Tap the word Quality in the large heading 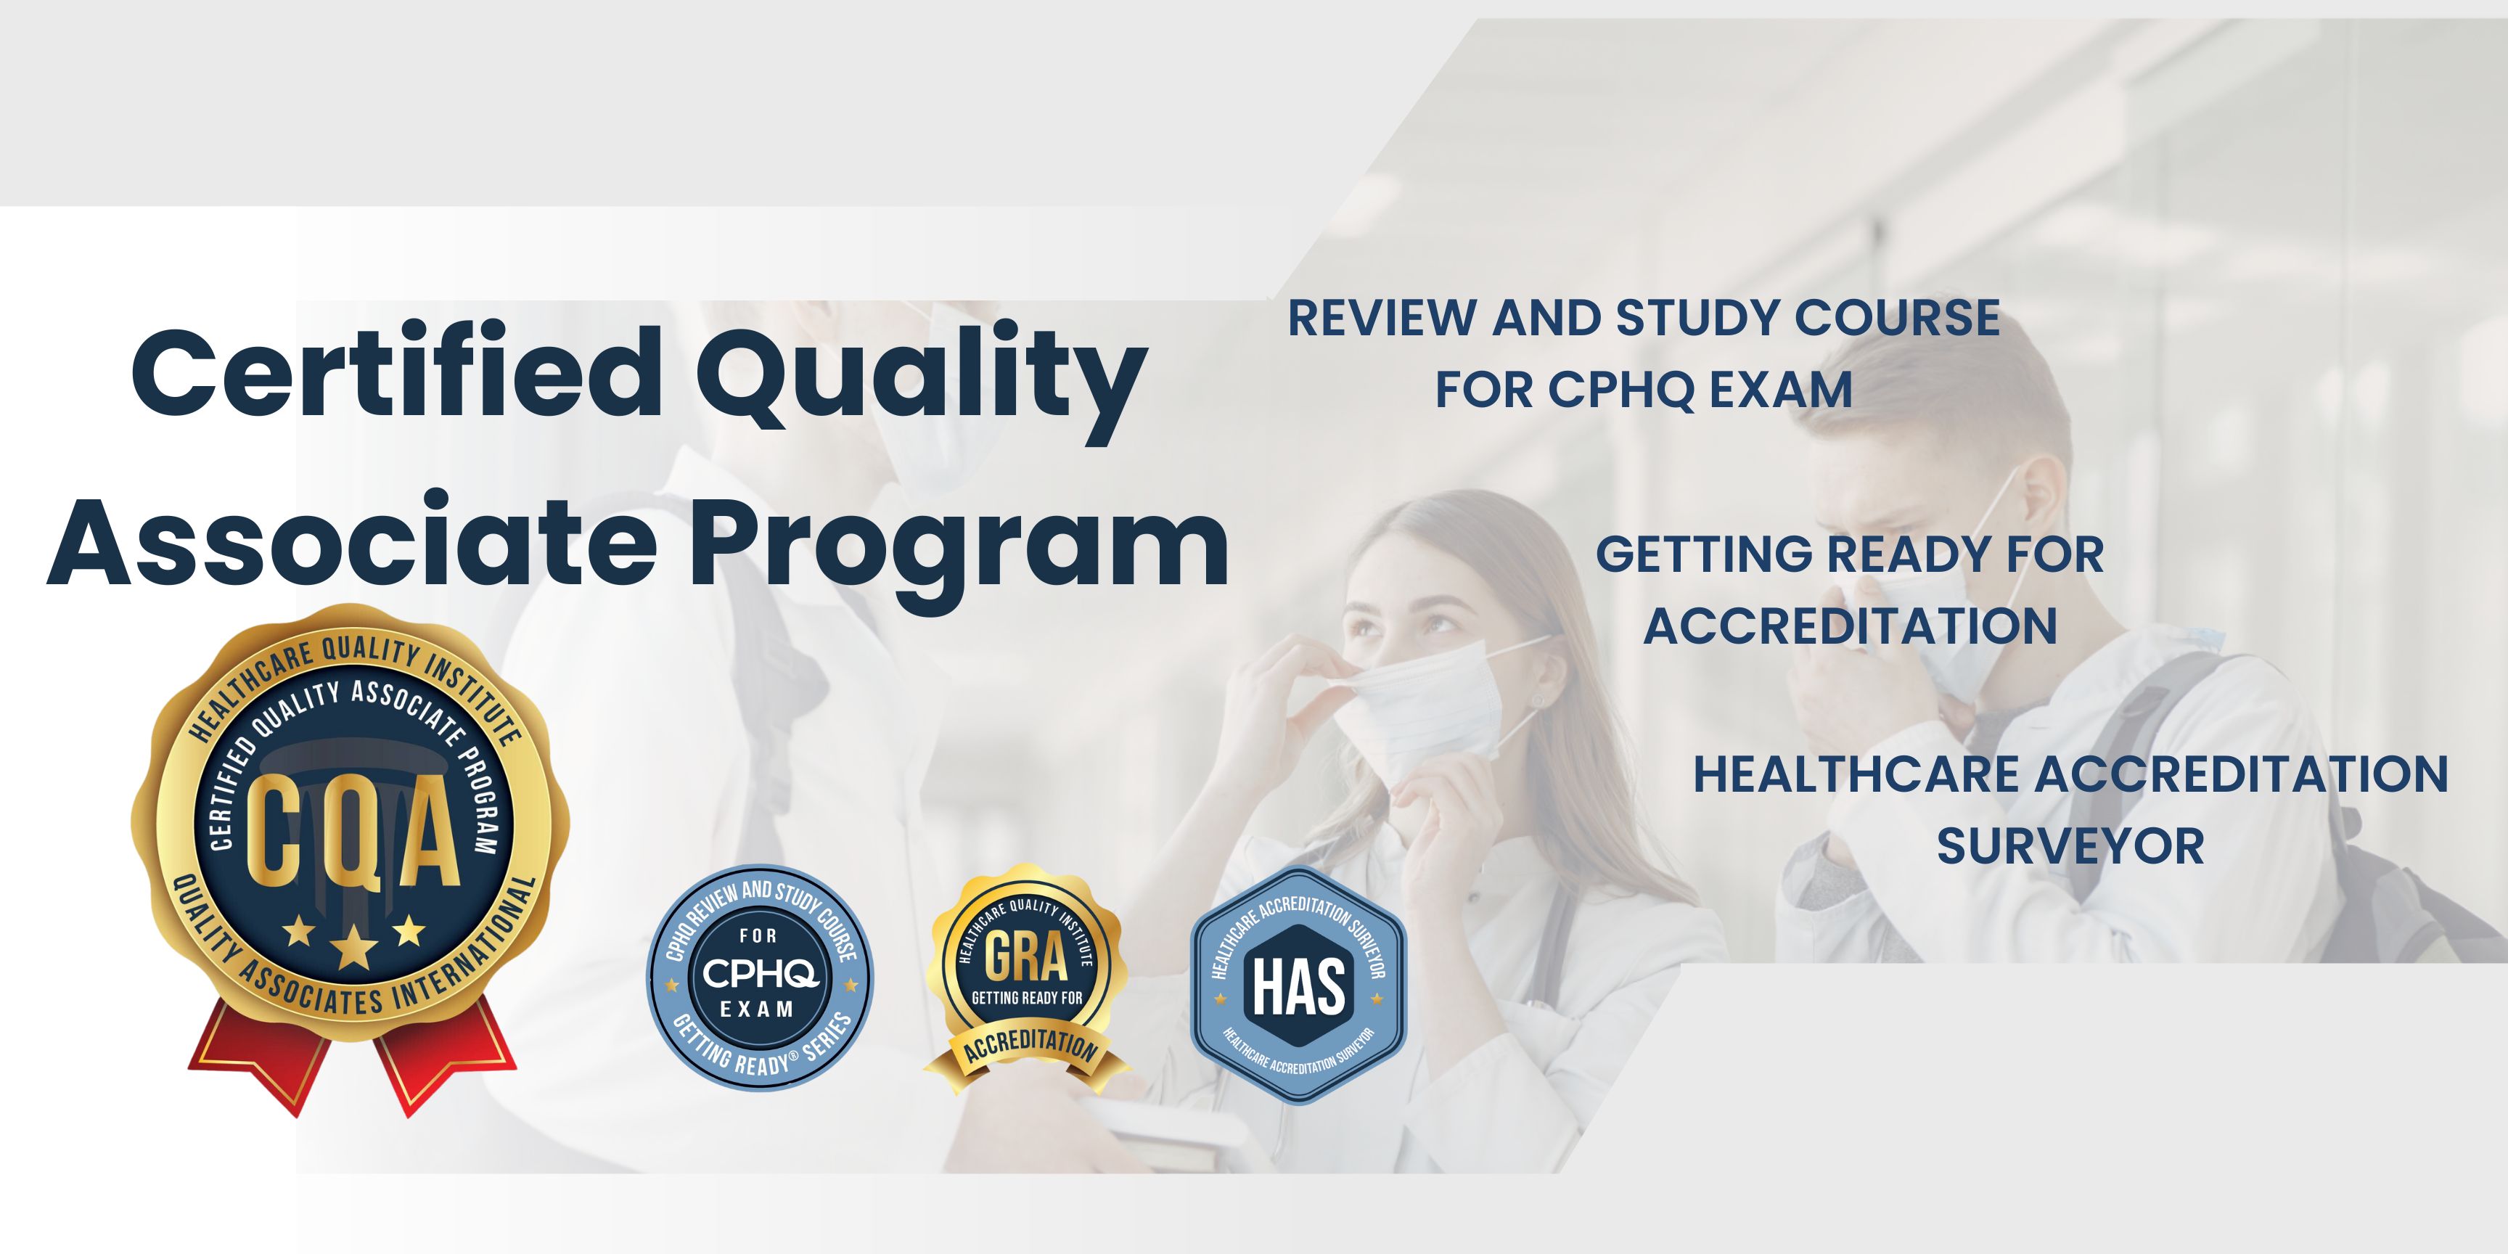tap(921, 382)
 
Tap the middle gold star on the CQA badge tap(353, 946)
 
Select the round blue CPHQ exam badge tap(761, 978)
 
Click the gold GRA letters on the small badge tap(1026, 957)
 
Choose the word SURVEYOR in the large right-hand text tap(2070, 846)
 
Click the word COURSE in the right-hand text tap(1896, 319)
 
